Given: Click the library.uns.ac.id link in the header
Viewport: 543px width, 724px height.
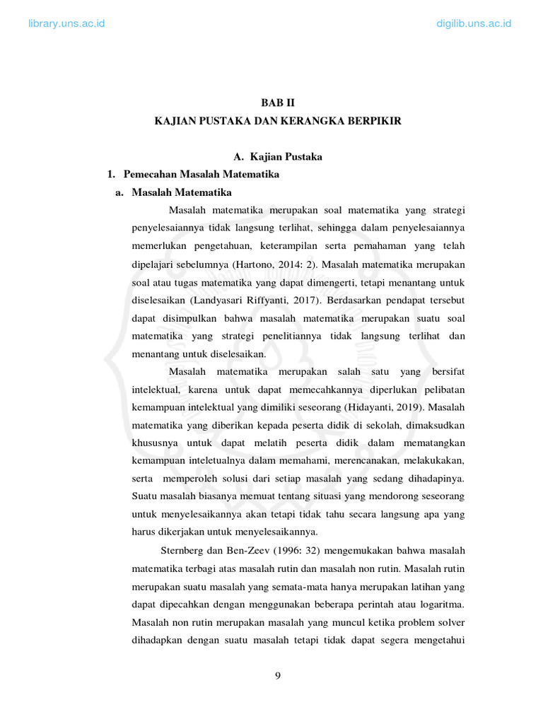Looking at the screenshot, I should pos(66,23).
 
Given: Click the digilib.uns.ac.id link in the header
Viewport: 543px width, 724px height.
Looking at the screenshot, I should pos(474,23).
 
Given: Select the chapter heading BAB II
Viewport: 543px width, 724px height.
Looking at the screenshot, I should pos(277,103).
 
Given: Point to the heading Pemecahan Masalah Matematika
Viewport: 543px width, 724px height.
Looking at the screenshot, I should pos(201,174).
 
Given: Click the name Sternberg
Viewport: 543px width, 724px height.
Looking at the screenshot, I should pos(185,550).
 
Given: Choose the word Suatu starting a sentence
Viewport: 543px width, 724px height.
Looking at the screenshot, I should pos(146,496).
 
